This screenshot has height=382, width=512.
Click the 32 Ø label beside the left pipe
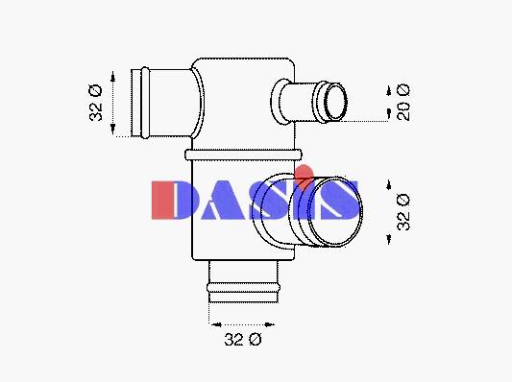96,103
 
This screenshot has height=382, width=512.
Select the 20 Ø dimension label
402,102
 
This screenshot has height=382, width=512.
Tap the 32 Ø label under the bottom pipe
243,339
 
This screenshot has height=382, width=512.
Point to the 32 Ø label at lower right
402,212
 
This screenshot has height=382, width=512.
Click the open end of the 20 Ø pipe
335,102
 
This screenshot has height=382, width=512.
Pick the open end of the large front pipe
335,211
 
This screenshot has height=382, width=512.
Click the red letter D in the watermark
162,200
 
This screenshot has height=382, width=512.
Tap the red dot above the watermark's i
305,177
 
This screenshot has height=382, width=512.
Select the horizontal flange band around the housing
243,155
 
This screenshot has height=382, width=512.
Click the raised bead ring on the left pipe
145,103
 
